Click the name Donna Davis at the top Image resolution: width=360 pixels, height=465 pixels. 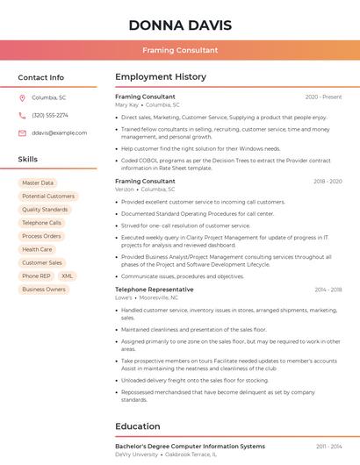click(179, 24)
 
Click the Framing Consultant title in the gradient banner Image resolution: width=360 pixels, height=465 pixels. click(179, 50)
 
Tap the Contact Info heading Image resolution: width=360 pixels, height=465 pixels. click(41, 77)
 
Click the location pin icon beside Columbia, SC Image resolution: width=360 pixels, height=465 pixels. click(22, 97)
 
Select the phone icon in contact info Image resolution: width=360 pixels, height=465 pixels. click(22, 115)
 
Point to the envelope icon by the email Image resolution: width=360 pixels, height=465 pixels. click(22, 132)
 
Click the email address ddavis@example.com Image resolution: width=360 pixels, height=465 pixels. click(59, 132)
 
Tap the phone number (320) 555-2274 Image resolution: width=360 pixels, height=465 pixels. click(50, 115)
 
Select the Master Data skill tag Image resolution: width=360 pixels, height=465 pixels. click(38, 182)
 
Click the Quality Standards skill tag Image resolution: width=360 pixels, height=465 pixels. click(45, 210)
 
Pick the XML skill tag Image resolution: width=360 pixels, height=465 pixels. click(68, 275)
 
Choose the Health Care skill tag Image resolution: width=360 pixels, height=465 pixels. click(37, 249)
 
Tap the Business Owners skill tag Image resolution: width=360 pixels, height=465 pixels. click(44, 289)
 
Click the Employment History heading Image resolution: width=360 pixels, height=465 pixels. click(161, 77)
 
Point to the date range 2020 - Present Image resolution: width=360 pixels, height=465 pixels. click(323, 97)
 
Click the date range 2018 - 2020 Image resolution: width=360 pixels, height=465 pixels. click(327, 182)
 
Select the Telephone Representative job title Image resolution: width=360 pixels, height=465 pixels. click(155, 290)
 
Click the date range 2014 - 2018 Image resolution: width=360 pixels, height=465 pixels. click(328, 290)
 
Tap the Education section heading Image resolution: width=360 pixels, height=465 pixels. click(138, 426)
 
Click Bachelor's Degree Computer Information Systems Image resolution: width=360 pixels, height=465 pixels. click(190, 447)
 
